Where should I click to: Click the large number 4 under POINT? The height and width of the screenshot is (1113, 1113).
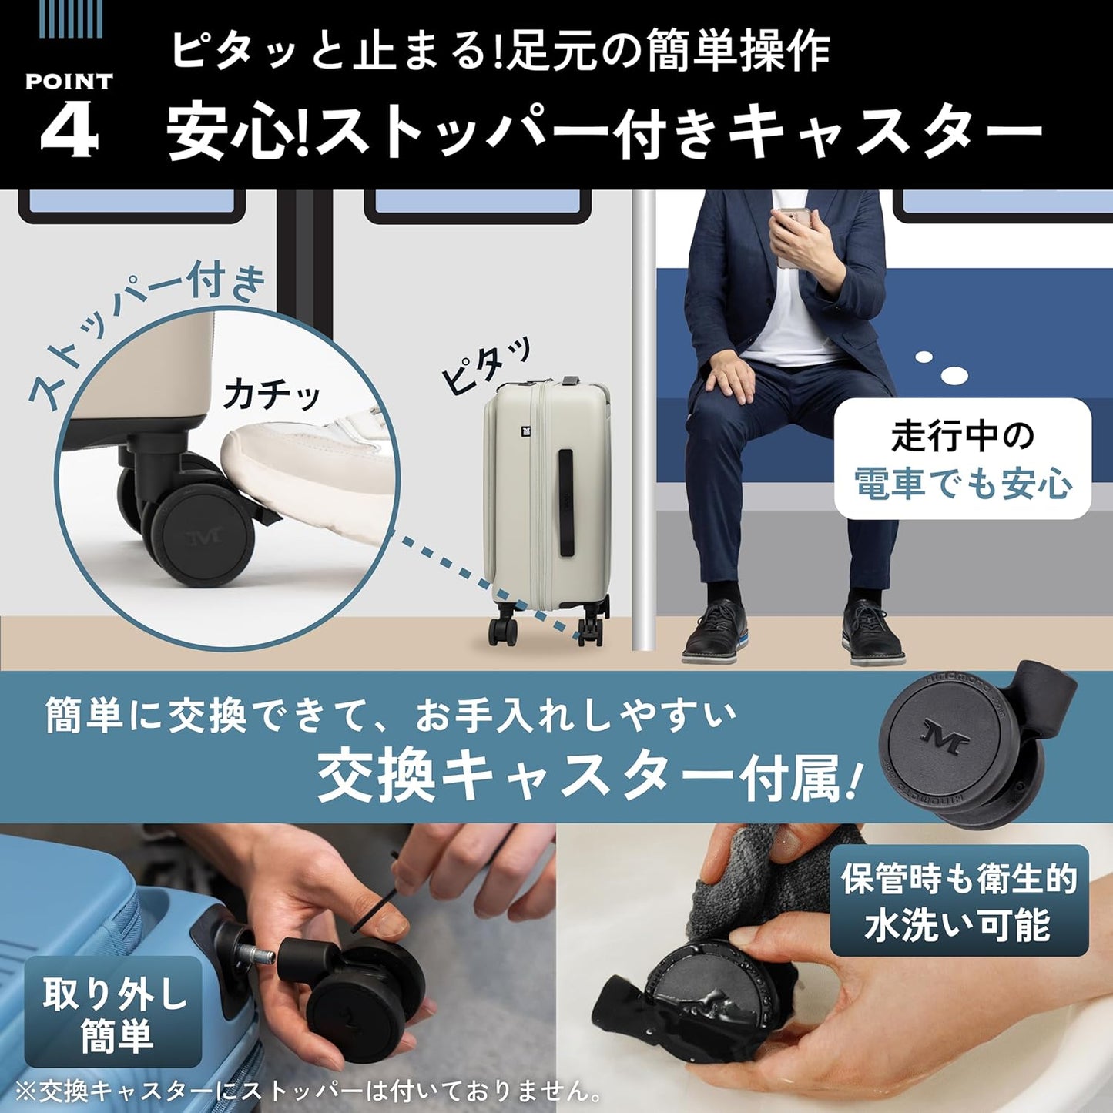click(69, 129)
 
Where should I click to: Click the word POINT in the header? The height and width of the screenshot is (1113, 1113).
click(69, 81)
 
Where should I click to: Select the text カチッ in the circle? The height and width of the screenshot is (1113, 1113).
click(271, 394)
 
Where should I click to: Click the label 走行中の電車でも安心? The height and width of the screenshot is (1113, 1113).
click(962, 459)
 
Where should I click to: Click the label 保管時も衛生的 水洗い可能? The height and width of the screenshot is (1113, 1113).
click(958, 901)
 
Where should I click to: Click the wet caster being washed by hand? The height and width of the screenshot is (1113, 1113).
click(693, 1001)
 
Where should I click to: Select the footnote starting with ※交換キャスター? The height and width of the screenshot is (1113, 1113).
click(308, 1091)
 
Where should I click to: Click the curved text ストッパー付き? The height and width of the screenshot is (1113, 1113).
click(146, 331)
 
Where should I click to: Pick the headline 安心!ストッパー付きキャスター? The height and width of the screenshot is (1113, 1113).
click(605, 131)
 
